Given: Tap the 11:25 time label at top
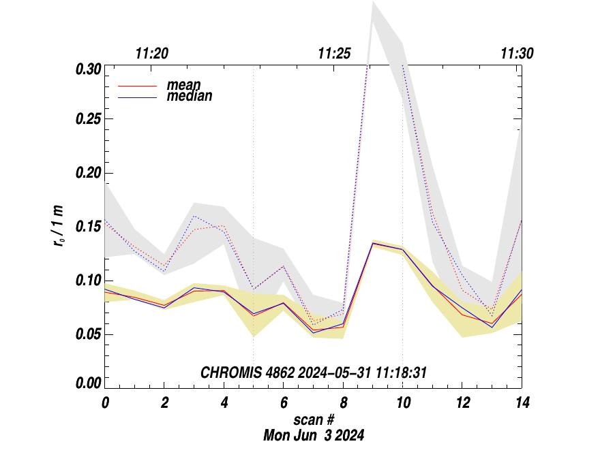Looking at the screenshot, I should click(x=335, y=53).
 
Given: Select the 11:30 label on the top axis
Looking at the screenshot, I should click(x=517, y=53).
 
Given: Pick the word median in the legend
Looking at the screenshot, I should click(x=190, y=96).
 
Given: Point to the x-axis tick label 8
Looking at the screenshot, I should click(x=344, y=402).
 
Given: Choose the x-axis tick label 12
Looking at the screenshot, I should click(x=462, y=402).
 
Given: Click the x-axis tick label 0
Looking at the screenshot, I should click(x=105, y=402).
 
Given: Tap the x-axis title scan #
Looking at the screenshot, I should click(x=314, y=419).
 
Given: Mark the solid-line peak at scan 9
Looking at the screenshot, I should click(x=373, y=242).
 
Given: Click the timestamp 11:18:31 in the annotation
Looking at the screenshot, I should click(x=397, y=372).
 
